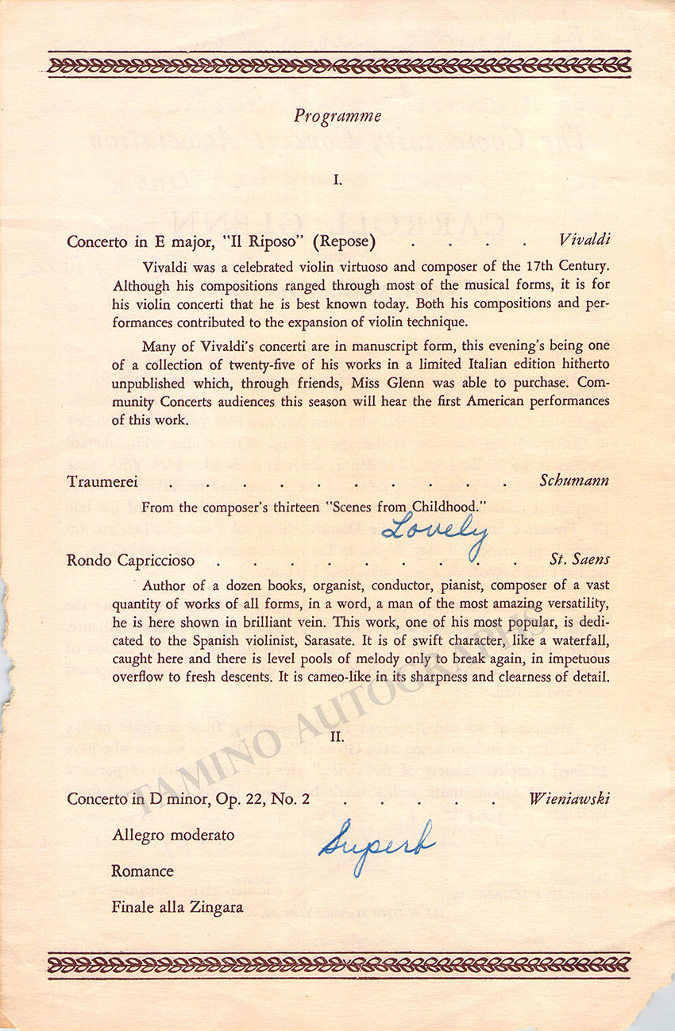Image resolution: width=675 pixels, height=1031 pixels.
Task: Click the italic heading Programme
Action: click(337, 116)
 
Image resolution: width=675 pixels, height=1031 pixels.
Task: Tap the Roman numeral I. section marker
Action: click(337, 180)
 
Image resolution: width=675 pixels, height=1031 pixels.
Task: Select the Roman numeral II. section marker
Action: click(337, 737)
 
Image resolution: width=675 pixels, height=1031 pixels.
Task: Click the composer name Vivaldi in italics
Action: click(584, 241)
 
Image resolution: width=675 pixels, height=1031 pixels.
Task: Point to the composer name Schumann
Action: click(574, 481)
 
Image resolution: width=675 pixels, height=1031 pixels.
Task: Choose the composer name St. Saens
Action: click(580, 560)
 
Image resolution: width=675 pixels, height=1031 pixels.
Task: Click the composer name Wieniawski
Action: click(569, 799)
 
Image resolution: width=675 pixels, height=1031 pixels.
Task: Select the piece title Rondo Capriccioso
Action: click(131, 561)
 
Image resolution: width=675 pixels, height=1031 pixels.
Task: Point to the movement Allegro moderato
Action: click(173, 836)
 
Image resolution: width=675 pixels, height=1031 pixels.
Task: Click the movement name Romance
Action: click(142, 871)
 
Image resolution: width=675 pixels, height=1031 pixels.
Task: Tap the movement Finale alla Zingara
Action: click(177, 907)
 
